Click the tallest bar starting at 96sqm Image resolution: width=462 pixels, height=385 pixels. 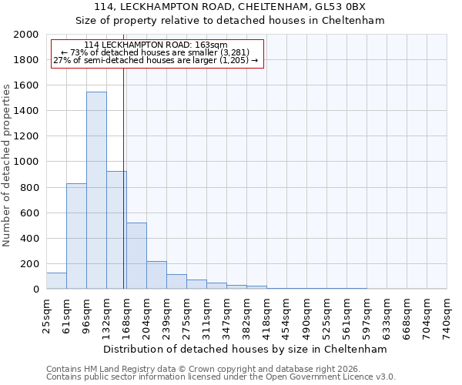pos(96,190)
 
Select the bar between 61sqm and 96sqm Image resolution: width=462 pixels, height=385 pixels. pos(76,236)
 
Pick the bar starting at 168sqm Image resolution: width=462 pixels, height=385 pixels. pos(136,256)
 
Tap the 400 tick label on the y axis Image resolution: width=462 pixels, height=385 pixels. pos(30,239)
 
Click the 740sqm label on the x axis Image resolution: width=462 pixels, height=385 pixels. pos(447,316)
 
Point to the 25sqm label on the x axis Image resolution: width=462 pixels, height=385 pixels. pos(46,316)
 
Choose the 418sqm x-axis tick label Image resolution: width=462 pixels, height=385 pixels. pos(266,316)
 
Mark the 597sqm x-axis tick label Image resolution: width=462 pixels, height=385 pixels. pos(367,316)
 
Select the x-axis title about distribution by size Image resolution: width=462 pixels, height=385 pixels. pos(246,349)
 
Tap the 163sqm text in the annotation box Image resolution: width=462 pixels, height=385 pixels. pos(211,45)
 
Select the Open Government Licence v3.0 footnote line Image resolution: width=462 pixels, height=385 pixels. pos(221,377)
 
